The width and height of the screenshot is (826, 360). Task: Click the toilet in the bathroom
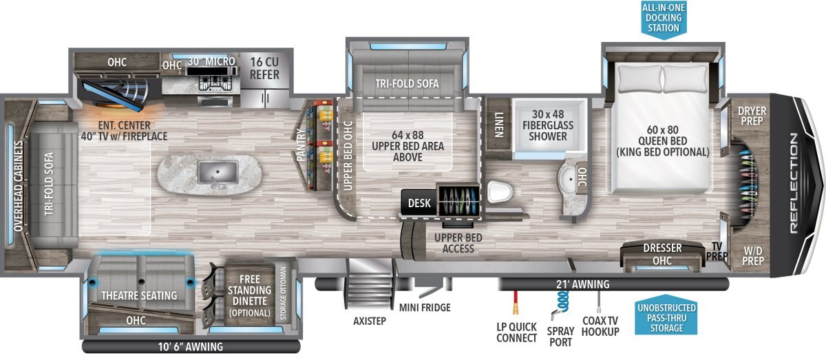click(x=500, y=192)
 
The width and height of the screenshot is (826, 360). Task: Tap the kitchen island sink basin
click(x=218, y=172)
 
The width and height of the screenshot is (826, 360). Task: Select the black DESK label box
click(x=419, y=202)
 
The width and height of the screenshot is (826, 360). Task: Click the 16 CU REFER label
click(x=264, y=68)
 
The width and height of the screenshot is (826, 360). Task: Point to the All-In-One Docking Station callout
click(x=664, y=19)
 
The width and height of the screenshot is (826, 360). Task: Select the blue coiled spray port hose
click(x=560, y=305)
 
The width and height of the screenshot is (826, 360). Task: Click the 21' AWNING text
click(x=582, y=284)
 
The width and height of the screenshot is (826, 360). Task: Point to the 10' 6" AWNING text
click(x=191, y=347)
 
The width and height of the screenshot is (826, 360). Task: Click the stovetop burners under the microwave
click(x=216, y=84)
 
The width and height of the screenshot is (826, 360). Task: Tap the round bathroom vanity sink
click(x=569, y=179)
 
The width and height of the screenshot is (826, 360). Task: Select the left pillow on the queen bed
click(x=639, y=78)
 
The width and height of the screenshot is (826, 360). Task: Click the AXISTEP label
click(x=370, y=321)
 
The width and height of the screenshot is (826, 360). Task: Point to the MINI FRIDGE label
click(x=425, y=308)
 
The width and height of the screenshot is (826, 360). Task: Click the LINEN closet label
click(x=498, y=125)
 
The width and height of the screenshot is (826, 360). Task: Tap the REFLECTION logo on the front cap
click(x=794, y=183)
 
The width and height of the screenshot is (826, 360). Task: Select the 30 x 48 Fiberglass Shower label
click(x=548, y=125)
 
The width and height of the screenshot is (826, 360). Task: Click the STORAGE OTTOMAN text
click(x=283, y=293)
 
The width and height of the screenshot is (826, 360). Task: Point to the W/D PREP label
click(x=753, y=256)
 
